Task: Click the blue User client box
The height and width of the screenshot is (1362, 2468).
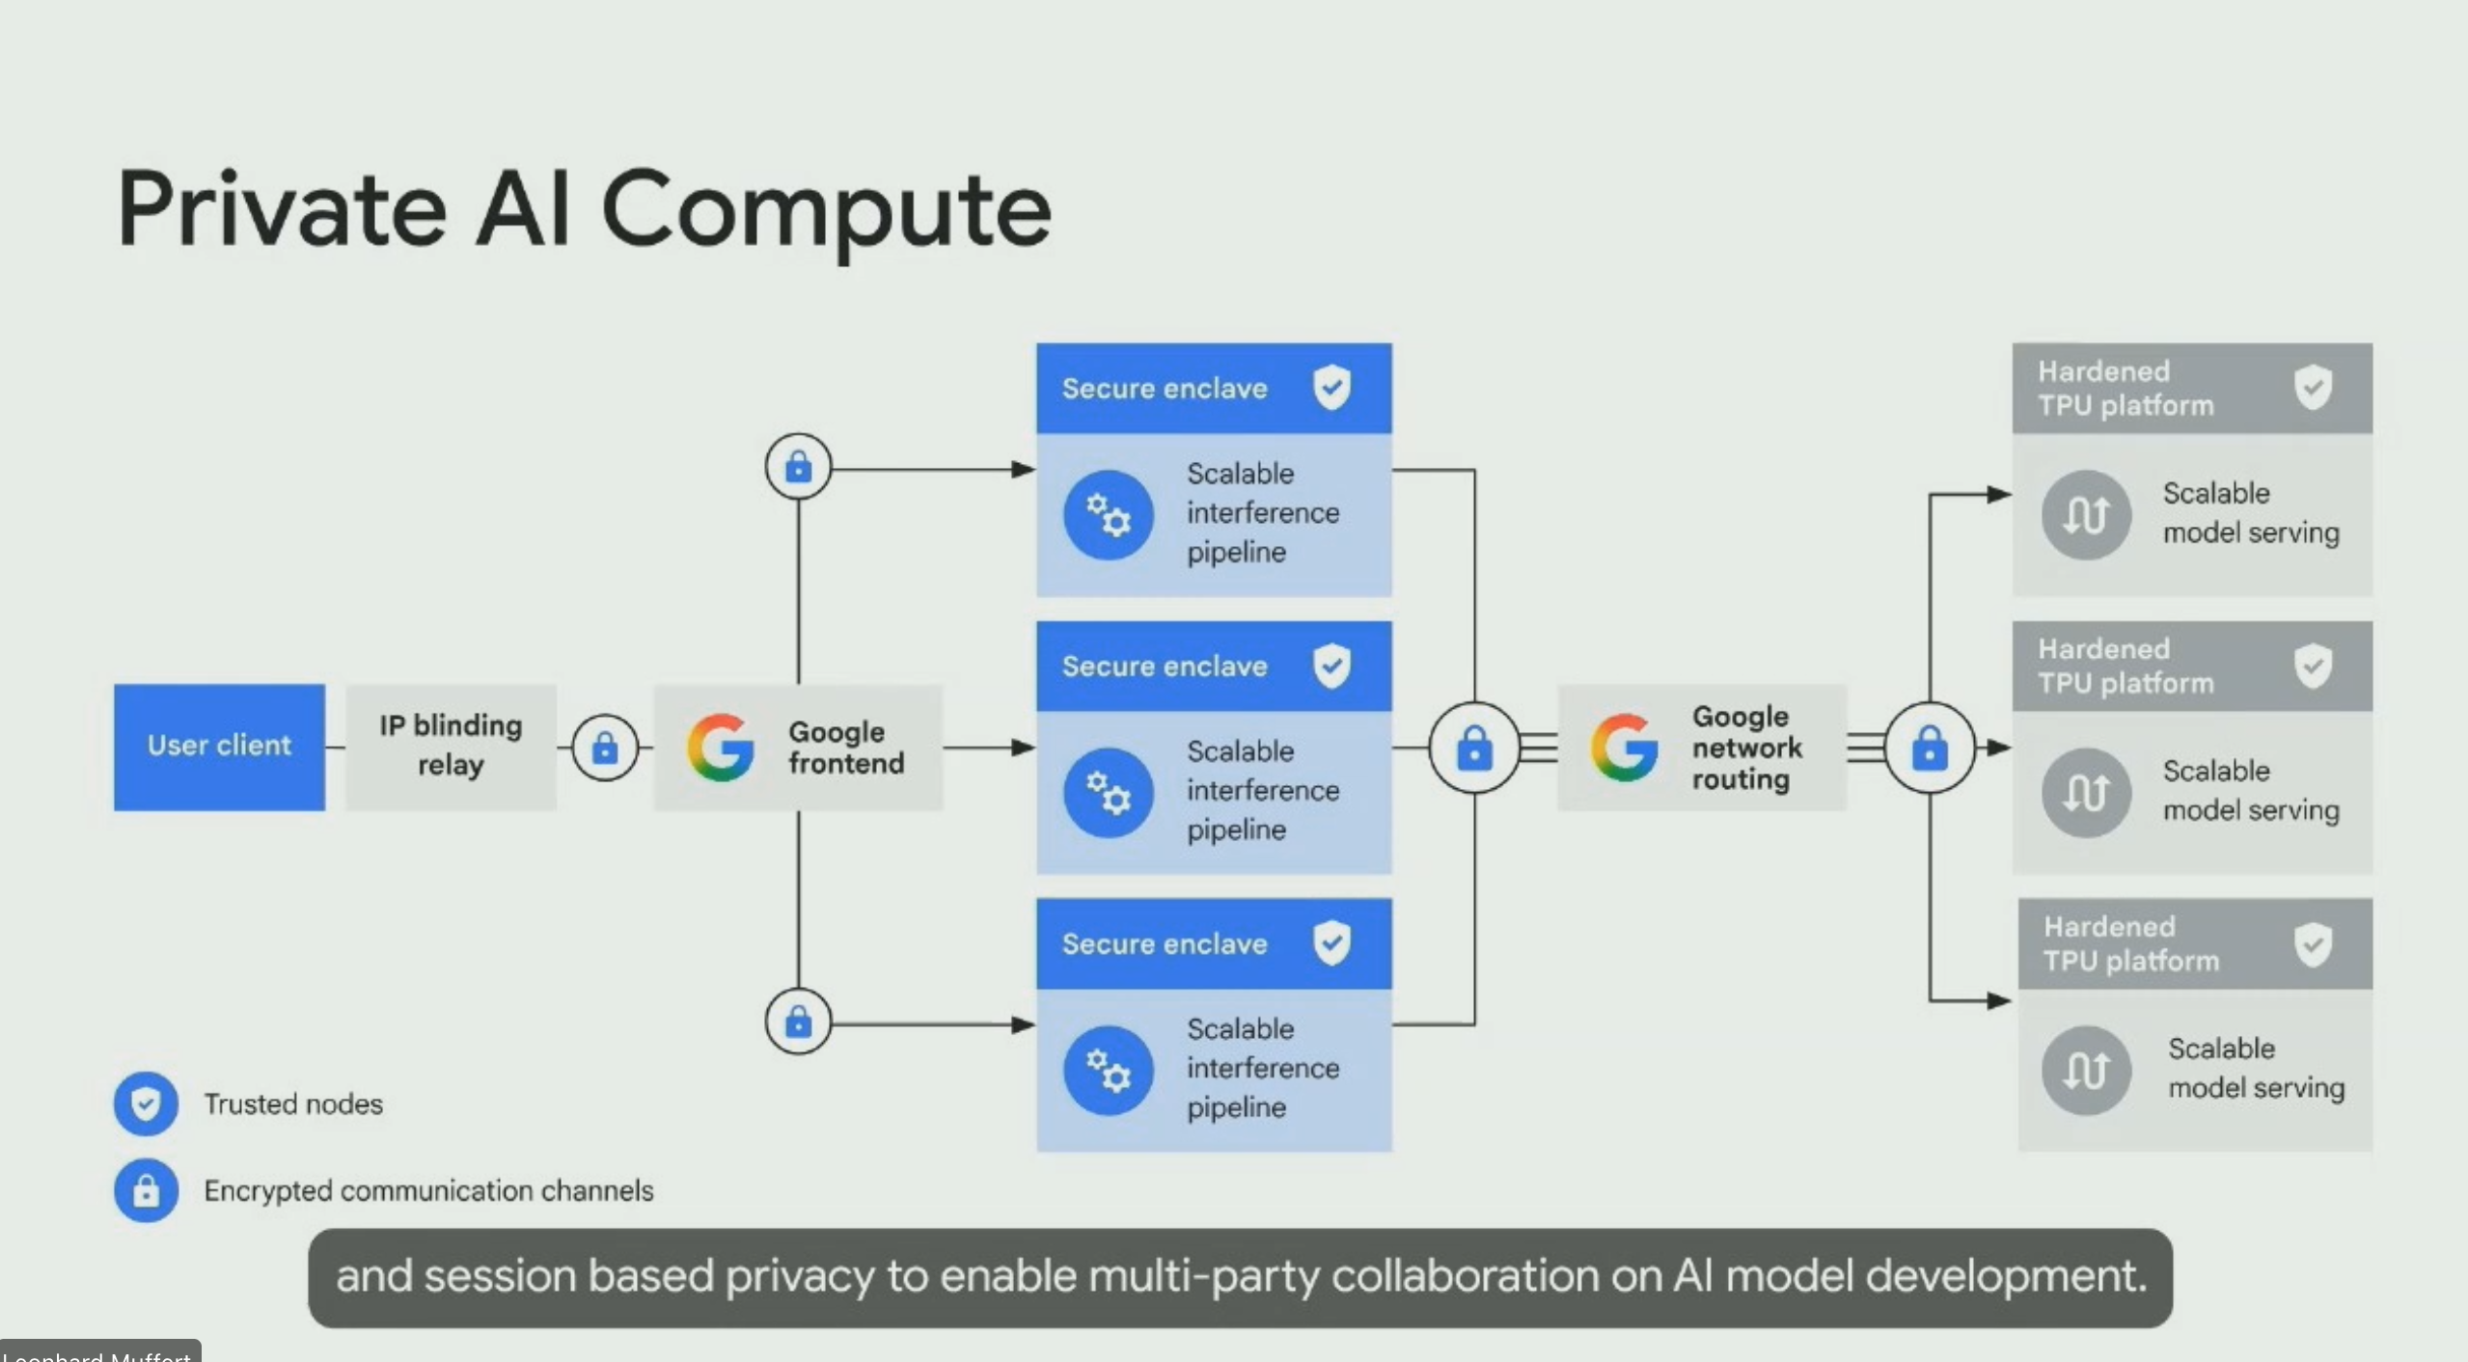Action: [x=219, y=746]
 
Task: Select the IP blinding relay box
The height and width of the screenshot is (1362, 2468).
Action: [x=451, y=746]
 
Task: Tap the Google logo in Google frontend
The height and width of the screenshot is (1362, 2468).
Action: [x=720, y=747]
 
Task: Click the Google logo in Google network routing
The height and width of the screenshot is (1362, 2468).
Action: [x=1624, y=747]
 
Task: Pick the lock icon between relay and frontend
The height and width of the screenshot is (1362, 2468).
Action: [x=605, y=747]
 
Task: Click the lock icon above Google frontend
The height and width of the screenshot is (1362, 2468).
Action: [x=798, y=467]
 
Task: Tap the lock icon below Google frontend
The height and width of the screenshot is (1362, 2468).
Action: [x=798, y=1021]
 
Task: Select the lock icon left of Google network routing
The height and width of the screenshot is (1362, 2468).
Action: [x=1474, y=748]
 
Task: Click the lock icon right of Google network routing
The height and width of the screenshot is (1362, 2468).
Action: [x=1930, y=748]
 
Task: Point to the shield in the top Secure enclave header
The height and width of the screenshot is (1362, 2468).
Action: [x=1331, y=387]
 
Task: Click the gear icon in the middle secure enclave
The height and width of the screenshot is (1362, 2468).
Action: [x=1109, y=792]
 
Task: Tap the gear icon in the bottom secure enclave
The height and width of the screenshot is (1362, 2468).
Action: [x=1109, y=1070]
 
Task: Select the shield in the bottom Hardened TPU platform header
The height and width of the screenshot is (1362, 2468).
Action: [x=2313, y=943]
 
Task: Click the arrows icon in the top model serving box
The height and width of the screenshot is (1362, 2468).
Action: [x=2086, y=514]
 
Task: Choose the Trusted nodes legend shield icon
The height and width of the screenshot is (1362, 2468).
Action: [x=146, y=1103]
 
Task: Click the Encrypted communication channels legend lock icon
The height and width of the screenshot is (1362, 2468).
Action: [x=146, y=1189]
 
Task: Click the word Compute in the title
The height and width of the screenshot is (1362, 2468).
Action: [x=826, y=210]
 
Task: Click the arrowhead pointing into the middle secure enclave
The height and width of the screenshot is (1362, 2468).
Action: [x=1024, y=748]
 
